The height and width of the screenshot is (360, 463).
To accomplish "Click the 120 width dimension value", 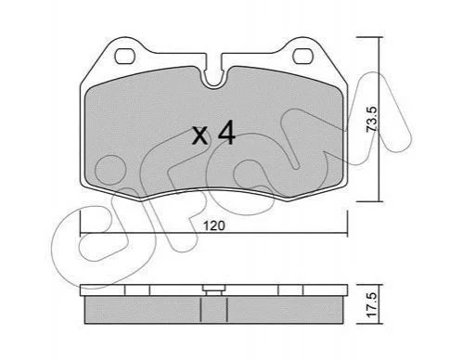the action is click(x=214, y=225).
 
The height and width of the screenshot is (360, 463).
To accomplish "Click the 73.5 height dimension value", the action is click(x=371, y=120).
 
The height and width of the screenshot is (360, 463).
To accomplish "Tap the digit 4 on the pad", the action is click(x=226, y=133).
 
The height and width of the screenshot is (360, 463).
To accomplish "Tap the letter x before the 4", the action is click(x=199, y=136).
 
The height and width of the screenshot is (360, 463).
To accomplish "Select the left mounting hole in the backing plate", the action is click(x=125, y=57).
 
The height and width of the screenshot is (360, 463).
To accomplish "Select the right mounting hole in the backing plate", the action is click(x=303, y=57).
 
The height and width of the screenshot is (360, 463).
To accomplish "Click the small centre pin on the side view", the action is click(x=213, y=290).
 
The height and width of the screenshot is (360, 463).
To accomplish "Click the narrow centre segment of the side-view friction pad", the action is click(x=213, y=310).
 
